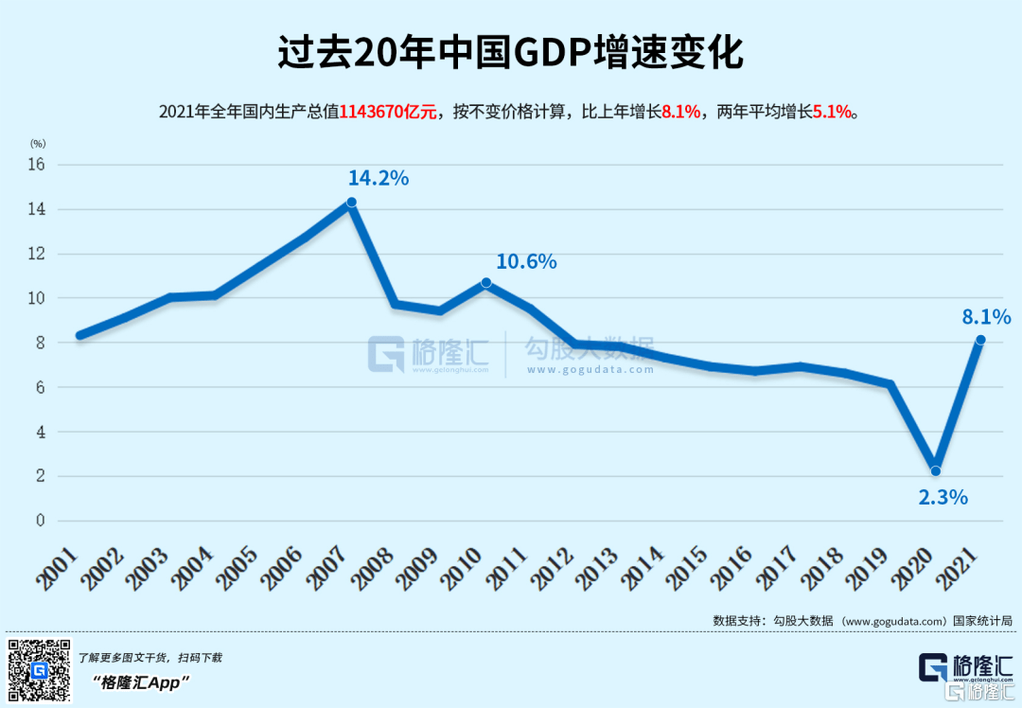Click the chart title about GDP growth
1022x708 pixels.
(510, 53)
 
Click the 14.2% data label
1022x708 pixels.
(379, 178)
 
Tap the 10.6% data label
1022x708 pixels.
(526, 261)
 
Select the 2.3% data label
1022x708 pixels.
(943, 497)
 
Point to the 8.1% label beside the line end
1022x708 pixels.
(987, 317)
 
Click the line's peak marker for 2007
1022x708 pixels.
(351, 202)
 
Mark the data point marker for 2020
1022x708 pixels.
(936, 470)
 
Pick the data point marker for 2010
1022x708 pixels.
(486, 282)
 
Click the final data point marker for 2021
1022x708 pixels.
(980, 340)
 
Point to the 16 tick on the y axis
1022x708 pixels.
(37, 165)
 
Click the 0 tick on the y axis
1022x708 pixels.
(41, 521)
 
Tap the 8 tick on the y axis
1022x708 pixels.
(41, 343)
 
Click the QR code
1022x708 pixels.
(40, 669)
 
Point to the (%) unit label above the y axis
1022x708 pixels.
(38, 144)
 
